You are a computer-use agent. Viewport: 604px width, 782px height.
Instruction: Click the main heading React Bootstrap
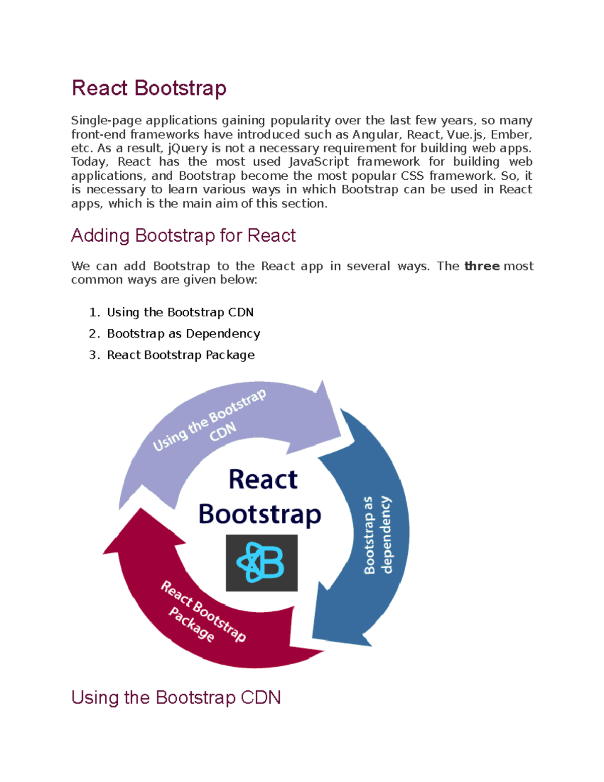click(149, 88)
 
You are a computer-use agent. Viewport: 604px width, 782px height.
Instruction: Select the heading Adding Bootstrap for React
click(183, 236)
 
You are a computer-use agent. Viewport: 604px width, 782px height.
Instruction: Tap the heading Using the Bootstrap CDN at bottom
click(176, 697)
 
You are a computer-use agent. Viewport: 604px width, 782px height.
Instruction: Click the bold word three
click(482, 266)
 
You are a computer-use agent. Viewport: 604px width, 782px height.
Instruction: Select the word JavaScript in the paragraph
click(319, 162)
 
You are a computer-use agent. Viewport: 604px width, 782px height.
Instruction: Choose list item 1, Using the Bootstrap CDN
click(180, 312)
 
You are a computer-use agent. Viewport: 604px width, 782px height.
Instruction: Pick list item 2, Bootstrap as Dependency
click(183, 333)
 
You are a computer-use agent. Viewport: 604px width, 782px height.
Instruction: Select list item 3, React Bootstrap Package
click(181, 355)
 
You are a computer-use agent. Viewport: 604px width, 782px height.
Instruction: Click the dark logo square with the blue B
click(261, 562)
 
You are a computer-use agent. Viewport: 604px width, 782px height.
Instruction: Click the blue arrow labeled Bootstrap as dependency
click(375, 534)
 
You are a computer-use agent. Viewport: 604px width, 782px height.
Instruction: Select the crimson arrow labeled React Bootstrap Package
click(201, 614)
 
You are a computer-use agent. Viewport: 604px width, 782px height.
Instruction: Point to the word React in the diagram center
click(263, 479)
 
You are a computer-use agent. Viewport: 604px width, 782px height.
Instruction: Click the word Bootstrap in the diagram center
click(260, 514)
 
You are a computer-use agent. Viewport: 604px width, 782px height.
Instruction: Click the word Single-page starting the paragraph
click(106, 120)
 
